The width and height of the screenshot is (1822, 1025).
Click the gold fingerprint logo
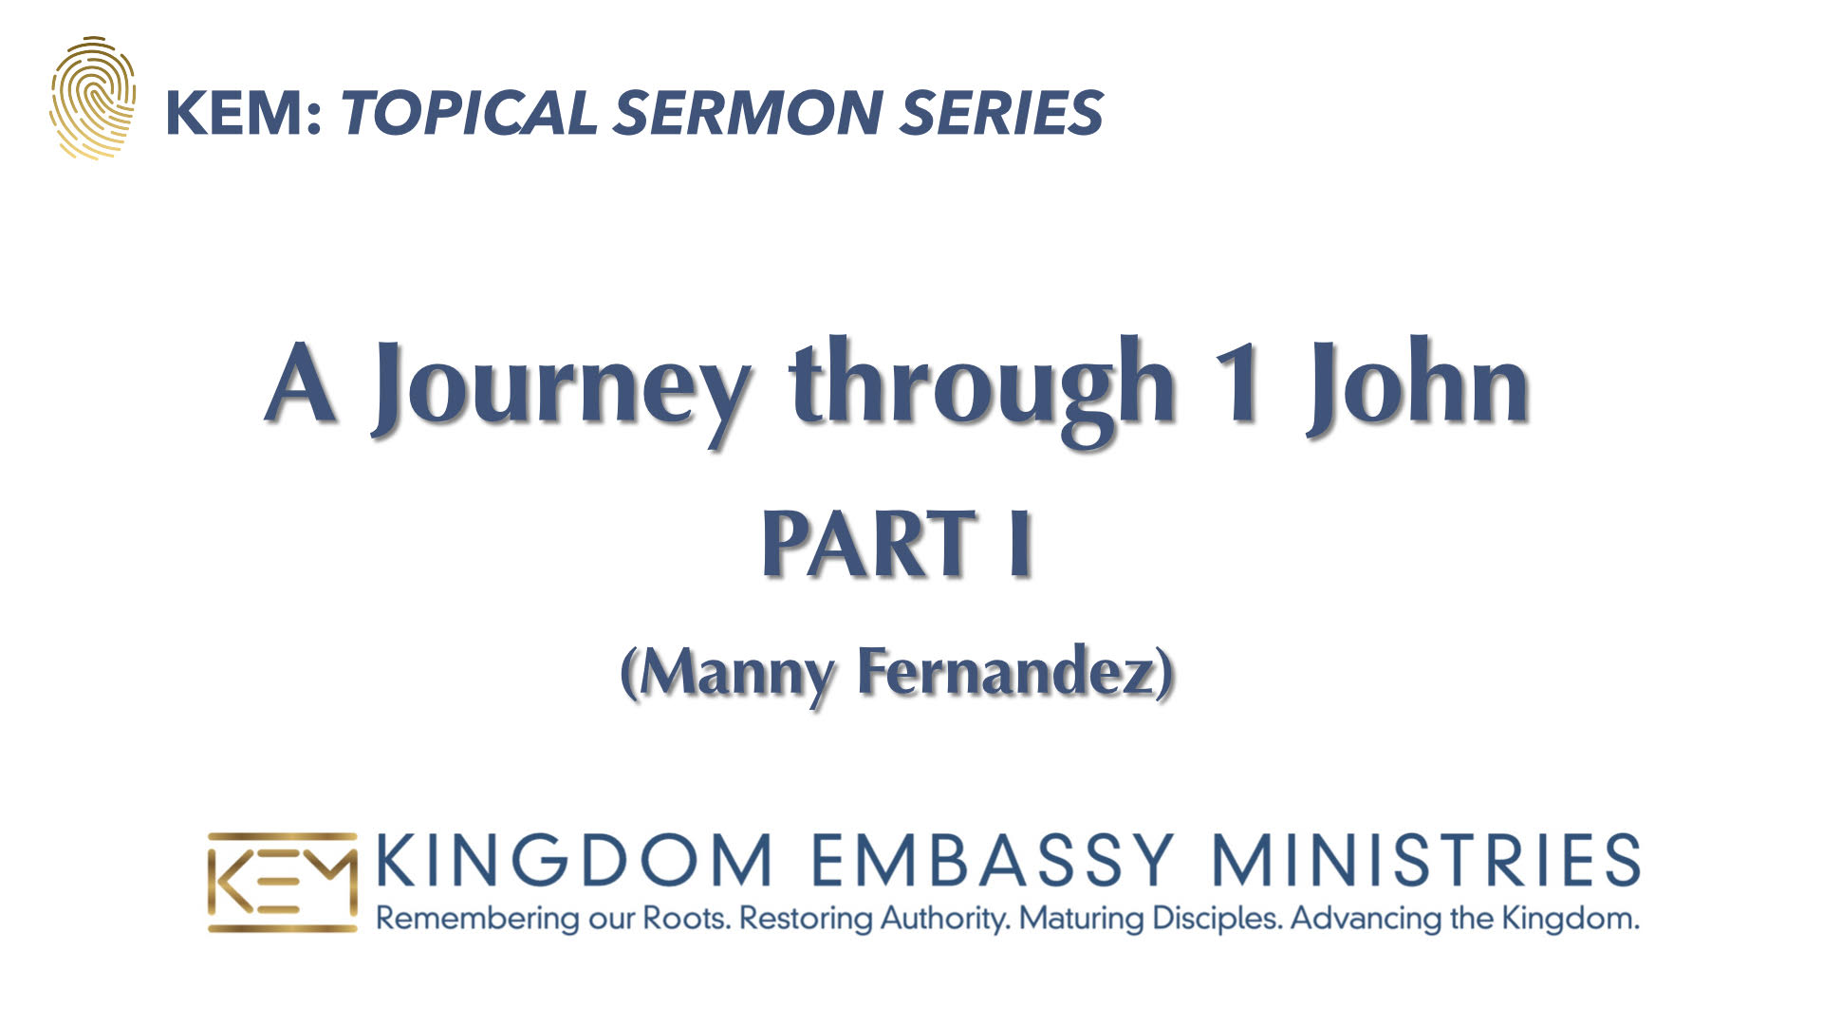[x=93, y=98]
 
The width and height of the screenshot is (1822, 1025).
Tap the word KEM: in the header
[x=245, y=113]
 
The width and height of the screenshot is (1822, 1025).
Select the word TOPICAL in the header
[x=470, y=113]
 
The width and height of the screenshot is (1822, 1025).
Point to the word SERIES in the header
[x=1001, y=113]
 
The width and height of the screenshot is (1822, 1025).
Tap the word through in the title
[x=982, y=389]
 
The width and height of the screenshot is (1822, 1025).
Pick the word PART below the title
[x=869, y=543]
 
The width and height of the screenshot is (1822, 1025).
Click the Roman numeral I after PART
[x=1019, y=543]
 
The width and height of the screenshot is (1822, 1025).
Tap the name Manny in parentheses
[x=735, y=674]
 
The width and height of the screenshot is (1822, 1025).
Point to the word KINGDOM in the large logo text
[x=574, y=860]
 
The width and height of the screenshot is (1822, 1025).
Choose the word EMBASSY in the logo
[x=993, y=860]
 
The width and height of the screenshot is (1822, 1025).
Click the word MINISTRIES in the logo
[x=1426, y=860]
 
